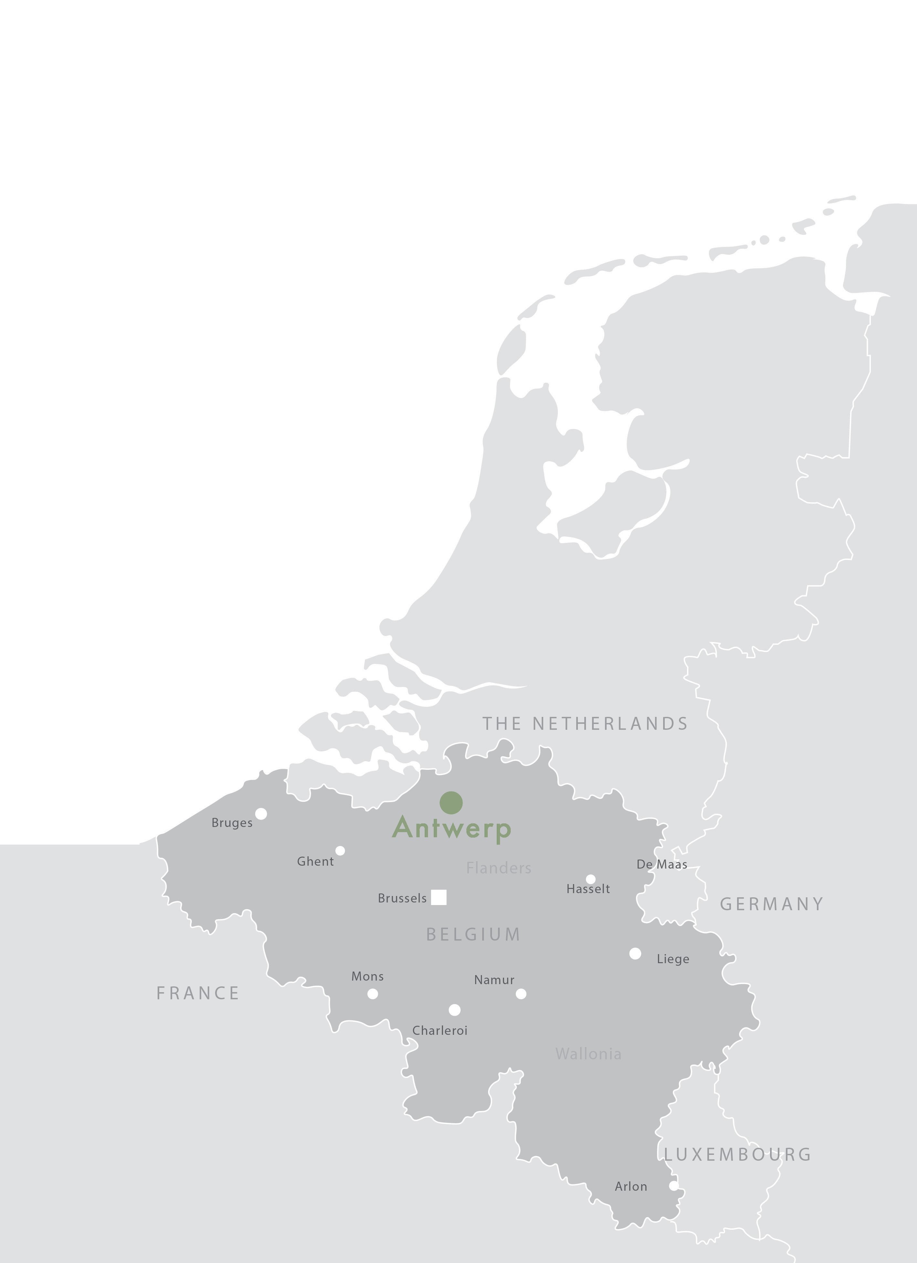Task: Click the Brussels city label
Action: [402, 898]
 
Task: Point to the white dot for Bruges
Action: [261, 814]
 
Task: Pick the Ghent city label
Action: [315, 861]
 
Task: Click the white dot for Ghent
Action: [340, 850]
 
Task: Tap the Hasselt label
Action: [588, 889]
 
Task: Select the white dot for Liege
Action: [635, 953]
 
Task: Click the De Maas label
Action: [662, 864]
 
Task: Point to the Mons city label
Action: [367, 976]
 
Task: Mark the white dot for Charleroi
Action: [454, 1010]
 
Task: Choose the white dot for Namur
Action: [521, 993]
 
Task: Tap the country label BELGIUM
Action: [474, 934]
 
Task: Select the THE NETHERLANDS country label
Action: [585, 723]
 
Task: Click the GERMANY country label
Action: [772, 904]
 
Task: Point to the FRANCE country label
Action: [198, 993]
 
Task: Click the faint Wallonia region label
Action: [588, 1054]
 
